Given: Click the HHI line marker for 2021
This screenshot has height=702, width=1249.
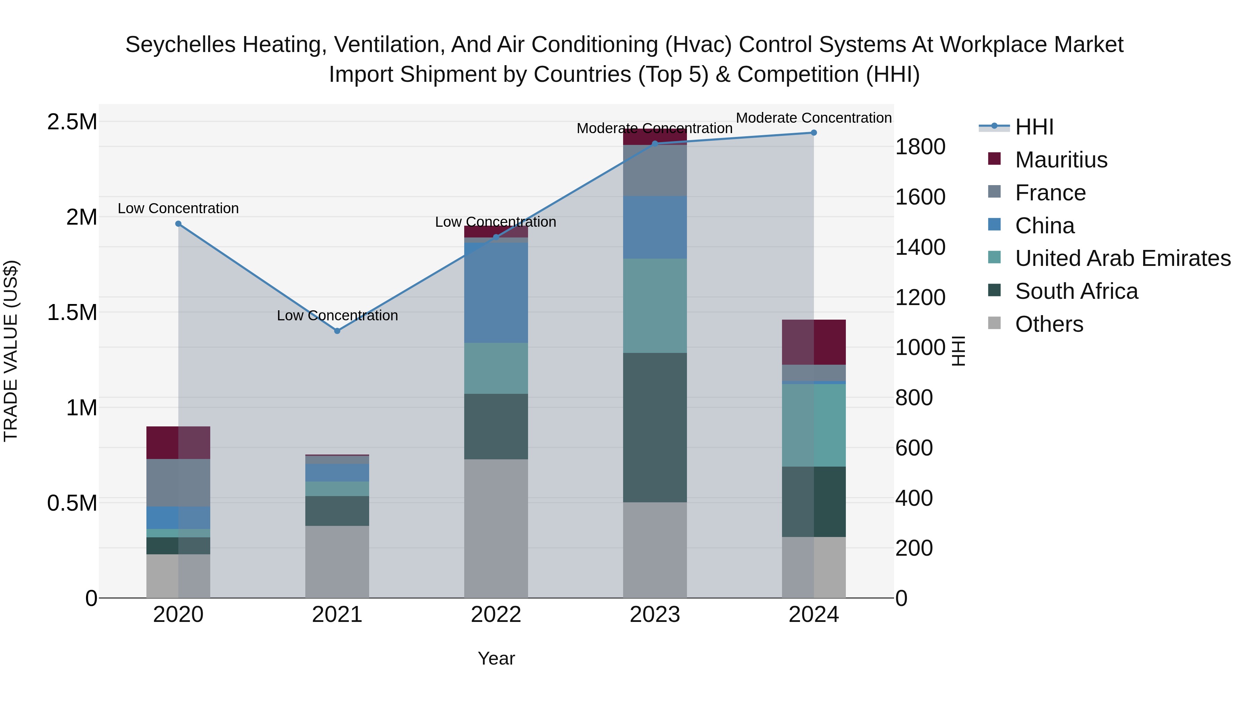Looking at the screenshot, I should [338, 331].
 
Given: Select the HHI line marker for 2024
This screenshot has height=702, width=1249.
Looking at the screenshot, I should [814, 133].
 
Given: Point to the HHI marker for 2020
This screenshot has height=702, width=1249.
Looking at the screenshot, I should [178, 224].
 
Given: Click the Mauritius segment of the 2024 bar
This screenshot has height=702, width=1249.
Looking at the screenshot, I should [814, 342].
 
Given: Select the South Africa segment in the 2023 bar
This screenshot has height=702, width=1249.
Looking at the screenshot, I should [655, 427].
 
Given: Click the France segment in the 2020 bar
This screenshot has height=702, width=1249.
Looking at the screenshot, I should [178, 483].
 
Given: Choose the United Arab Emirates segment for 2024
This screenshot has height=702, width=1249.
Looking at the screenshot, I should [814, 425].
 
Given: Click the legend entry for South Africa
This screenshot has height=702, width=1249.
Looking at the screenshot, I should [1076, 292].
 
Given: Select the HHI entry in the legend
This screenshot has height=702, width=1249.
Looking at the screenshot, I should [1034, 127].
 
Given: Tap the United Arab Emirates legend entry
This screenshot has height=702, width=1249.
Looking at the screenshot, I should [1122, 259].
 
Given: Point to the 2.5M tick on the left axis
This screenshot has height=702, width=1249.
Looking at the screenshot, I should [72, 122].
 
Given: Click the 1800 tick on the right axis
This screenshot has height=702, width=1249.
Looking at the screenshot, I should [920, 147].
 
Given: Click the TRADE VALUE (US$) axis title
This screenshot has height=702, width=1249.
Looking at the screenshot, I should [11, 351].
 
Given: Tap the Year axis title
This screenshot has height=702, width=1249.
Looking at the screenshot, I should [496, 658].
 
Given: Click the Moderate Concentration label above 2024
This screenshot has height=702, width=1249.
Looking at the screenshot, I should [814, 118].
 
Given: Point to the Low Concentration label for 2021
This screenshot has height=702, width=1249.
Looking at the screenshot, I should [338, 315].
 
